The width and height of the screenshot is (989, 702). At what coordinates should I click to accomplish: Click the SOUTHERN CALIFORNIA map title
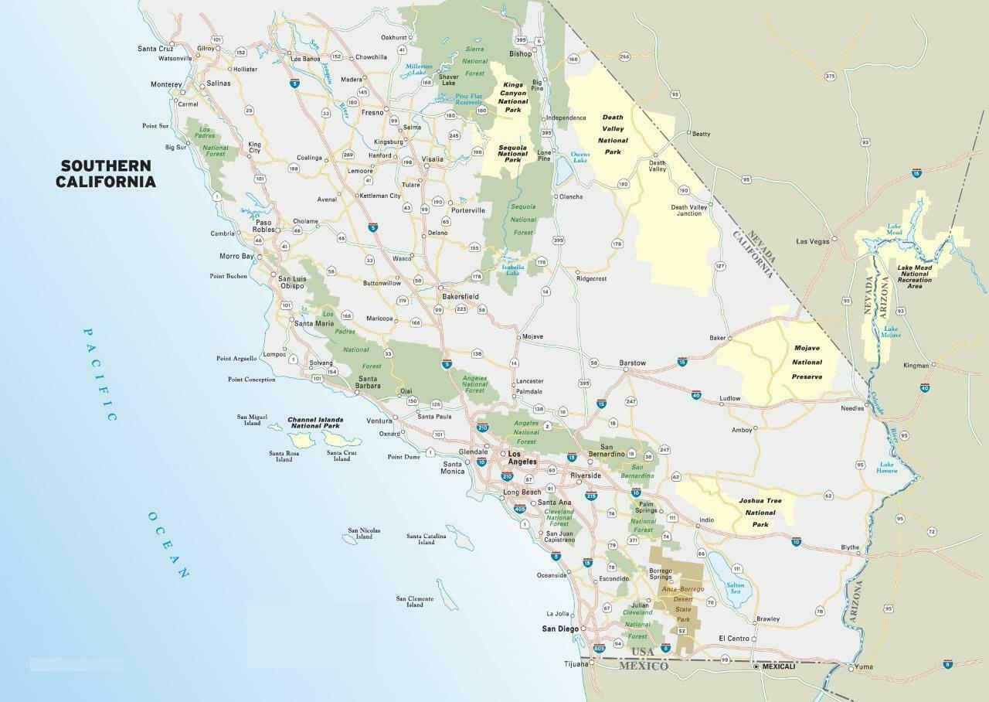[x=105, y=174]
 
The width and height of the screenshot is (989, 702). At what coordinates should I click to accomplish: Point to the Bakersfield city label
[x=461, y=296]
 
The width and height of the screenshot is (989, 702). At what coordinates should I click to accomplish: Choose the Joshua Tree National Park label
[x=760, y=513]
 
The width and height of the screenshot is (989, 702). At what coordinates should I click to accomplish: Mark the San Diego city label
[x=559, y=629]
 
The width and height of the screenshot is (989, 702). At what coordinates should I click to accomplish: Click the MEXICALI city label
[x=778, y=666]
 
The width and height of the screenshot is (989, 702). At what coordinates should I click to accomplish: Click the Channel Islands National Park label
[x=315, y=423]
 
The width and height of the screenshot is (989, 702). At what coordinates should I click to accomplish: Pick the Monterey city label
[x=166, y=84]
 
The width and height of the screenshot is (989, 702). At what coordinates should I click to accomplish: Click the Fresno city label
[x=372, y=112]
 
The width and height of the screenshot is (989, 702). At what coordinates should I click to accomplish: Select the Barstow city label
[x=632, y=363]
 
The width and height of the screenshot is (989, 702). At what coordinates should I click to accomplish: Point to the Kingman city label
[x=916, y=365]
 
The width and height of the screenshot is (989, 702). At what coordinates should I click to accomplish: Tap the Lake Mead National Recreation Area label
[x=914, y=277]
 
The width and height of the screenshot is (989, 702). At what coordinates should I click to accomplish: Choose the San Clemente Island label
[x=415, y=601]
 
